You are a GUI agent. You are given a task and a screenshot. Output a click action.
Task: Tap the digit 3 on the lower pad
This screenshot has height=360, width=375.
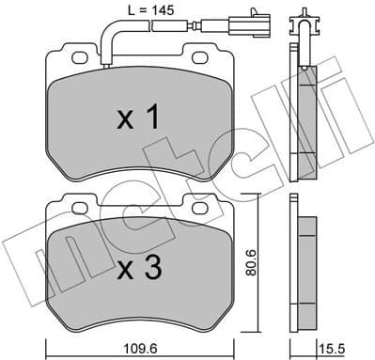pyautogui.click(x=152, y=269)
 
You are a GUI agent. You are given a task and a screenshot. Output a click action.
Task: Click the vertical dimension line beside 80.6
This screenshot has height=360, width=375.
pyautogui.click(x=242, y=263)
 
